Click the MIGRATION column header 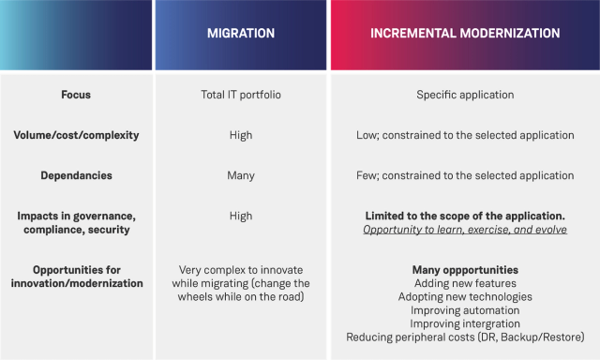pyautogui.click(x=241, y=33)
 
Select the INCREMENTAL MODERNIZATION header pyautogui.click(x=465, y=33)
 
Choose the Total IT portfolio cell pyautogui.click(x=241, y=95)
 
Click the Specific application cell pyautogui.click(x=465, y=95)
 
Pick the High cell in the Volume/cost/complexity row pyautogui.click(x=241, y=135)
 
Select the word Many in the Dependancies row pyautogui.click(x=241, y=175)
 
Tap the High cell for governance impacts pyautogui.click(x=241, y=216)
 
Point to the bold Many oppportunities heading pyautogui.click(x=465, y=270)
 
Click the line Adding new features pyautogui.click(x=465, y=283)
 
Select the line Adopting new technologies pyautogui.click(x=465, y=296)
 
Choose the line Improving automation pyautogui.click(x=465, y=310)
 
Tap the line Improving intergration pyautogui.click(x=465, y=323)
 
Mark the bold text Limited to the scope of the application pyautogui.click(x=465, y=217)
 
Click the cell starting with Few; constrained pyautogui.click(x=465, y=175)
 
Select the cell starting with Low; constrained pyautogui.click(x=465, y=135)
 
